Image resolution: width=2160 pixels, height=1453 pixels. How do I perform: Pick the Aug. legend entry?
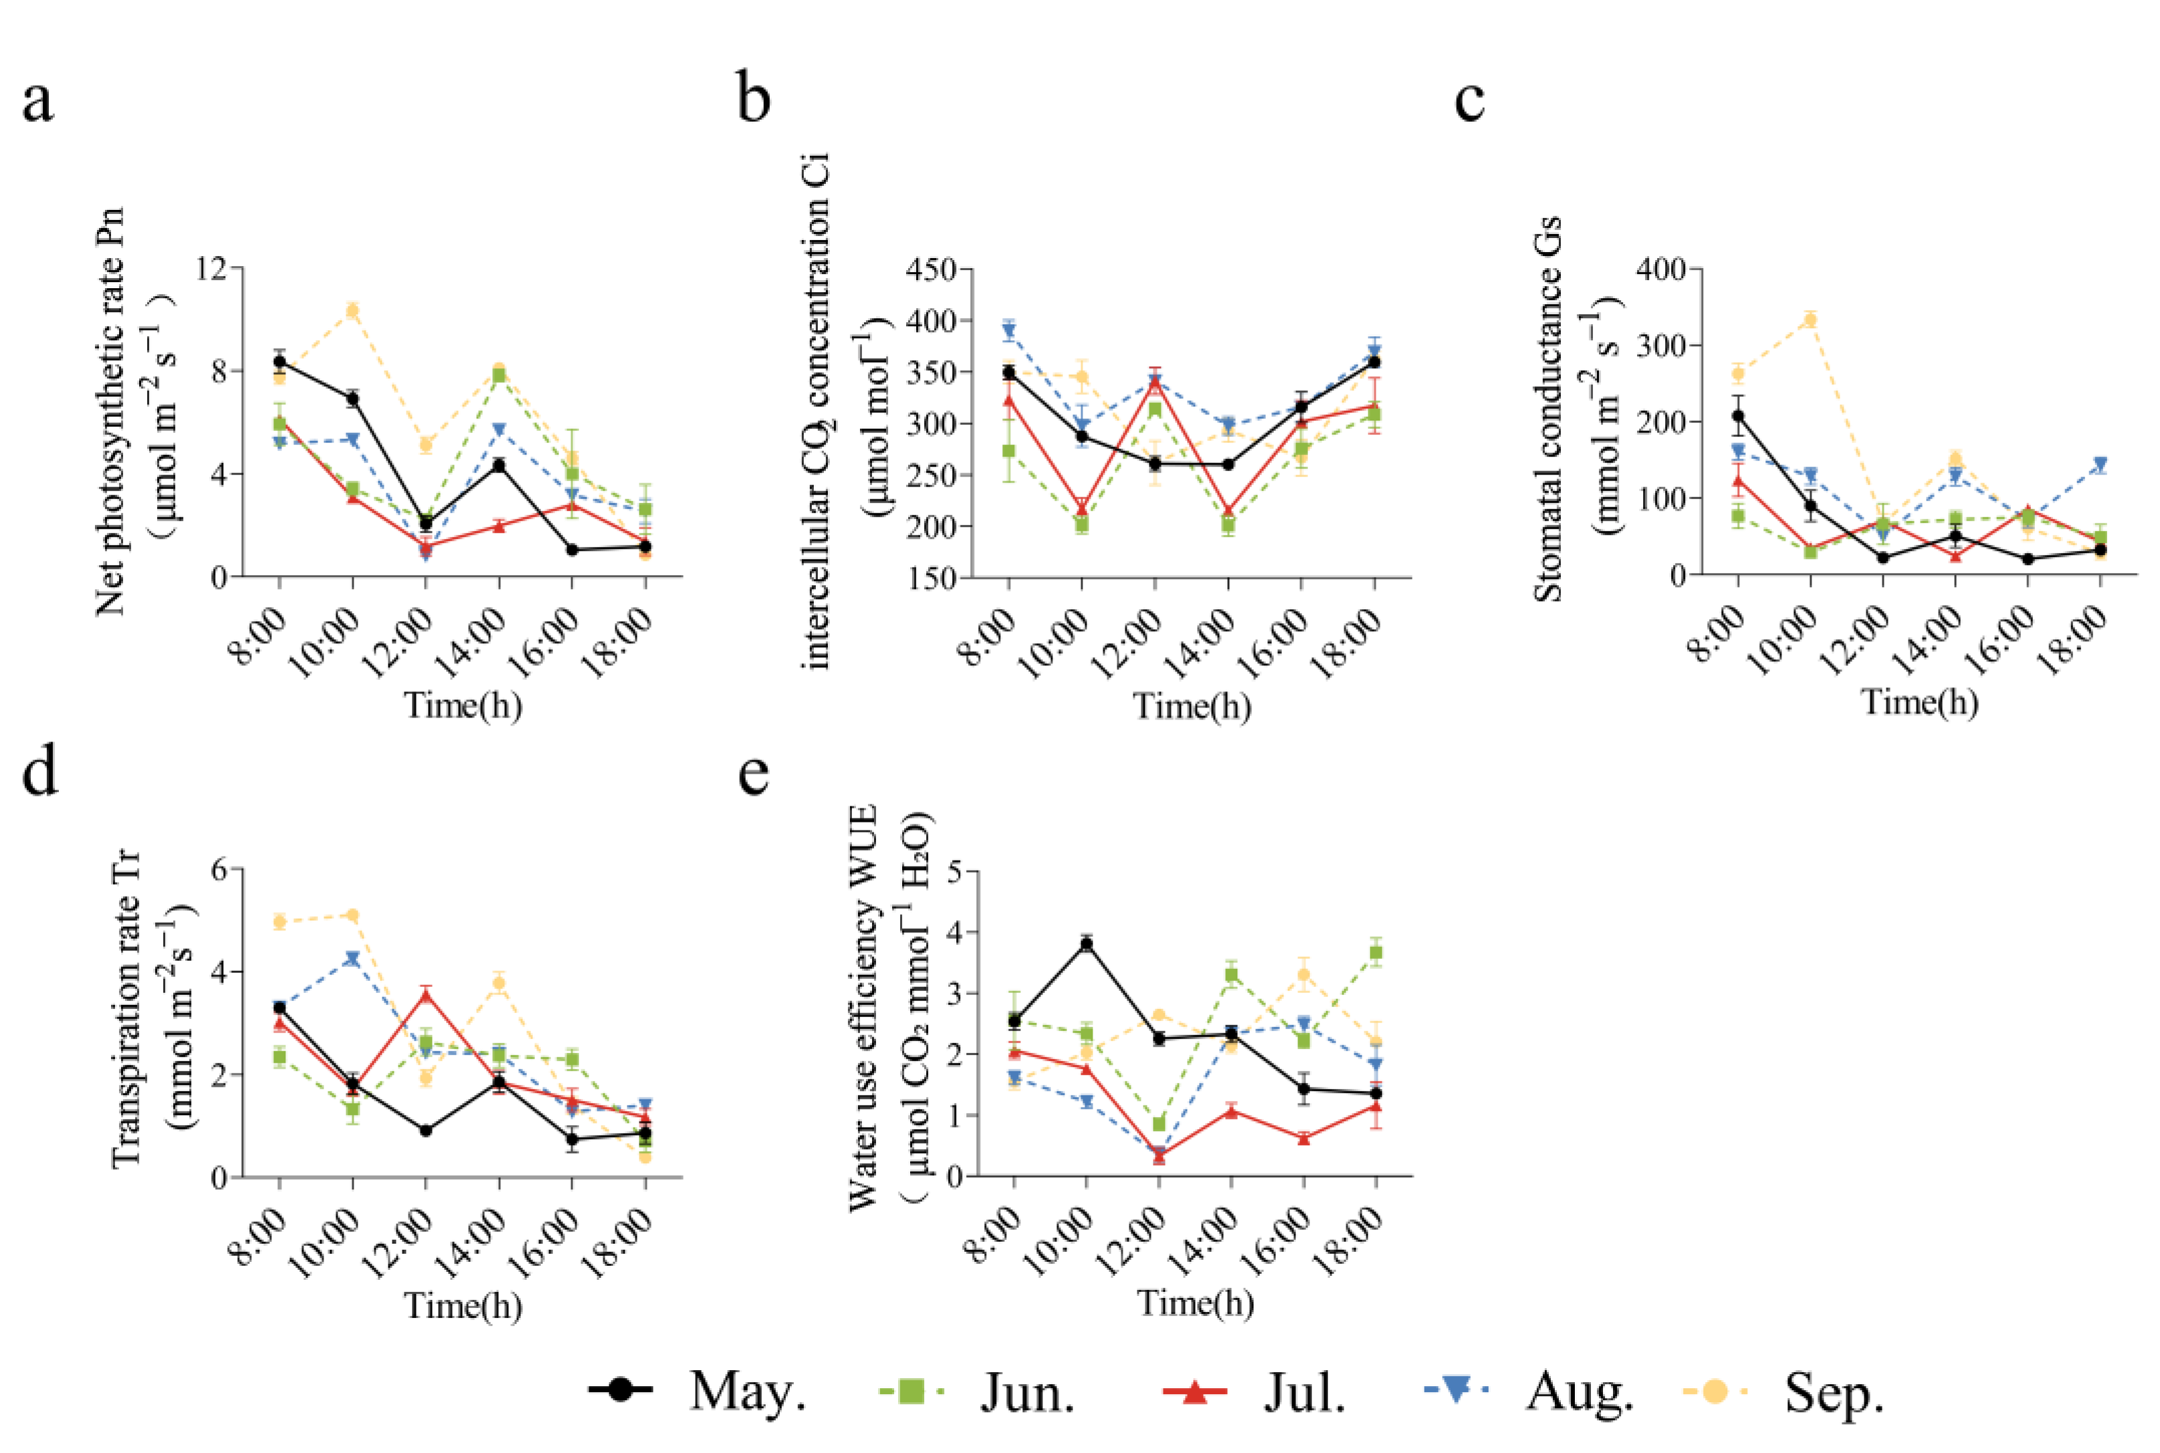point(1529,1391)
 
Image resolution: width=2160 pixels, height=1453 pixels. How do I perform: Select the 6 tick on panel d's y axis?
point(223,869)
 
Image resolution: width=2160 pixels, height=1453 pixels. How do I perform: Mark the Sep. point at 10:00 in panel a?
point(352,310)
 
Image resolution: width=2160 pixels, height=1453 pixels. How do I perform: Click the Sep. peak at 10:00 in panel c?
point(1810,320)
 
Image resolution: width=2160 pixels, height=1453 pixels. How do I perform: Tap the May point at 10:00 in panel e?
point(1086,944)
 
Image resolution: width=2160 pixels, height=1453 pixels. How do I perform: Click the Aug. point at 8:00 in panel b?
point(1009,330)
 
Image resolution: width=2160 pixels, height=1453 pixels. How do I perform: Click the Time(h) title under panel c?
point(1919,701)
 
